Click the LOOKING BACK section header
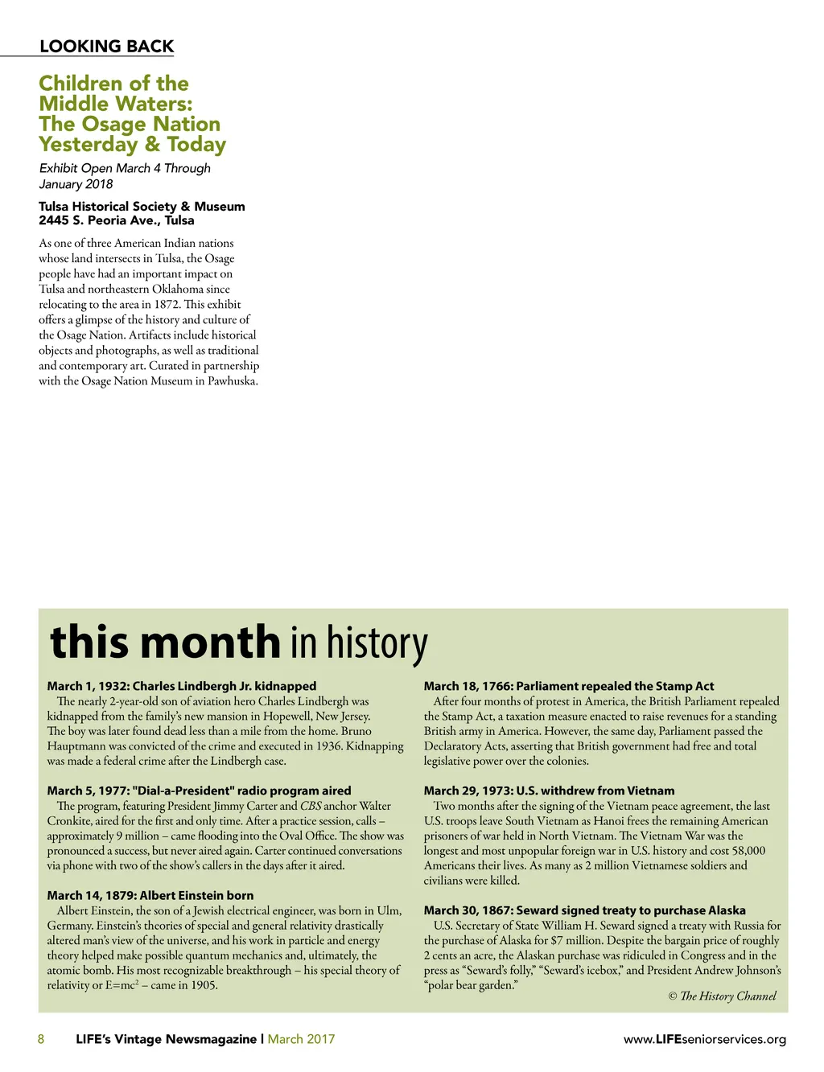click(106, 47)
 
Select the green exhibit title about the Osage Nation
click(132, 113)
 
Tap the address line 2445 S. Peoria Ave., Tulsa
click(117, 220)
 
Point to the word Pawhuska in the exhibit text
click(233, 381)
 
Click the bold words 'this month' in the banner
click(165, 643)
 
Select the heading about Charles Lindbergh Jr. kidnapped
click(182, 686)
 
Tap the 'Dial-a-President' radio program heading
click(199, 791)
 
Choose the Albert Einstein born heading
click(150, 895)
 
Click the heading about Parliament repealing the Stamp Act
click(569, 686)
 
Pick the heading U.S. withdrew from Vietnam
click(550, 791)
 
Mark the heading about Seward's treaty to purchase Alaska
click(585, 910)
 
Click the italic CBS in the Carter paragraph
click(311, 806)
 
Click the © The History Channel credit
click(722, 996)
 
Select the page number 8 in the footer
click(41, 1039)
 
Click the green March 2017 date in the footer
click(301, 1039)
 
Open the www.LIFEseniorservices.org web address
click(705, 1039)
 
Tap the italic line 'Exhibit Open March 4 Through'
click(125, 168)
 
